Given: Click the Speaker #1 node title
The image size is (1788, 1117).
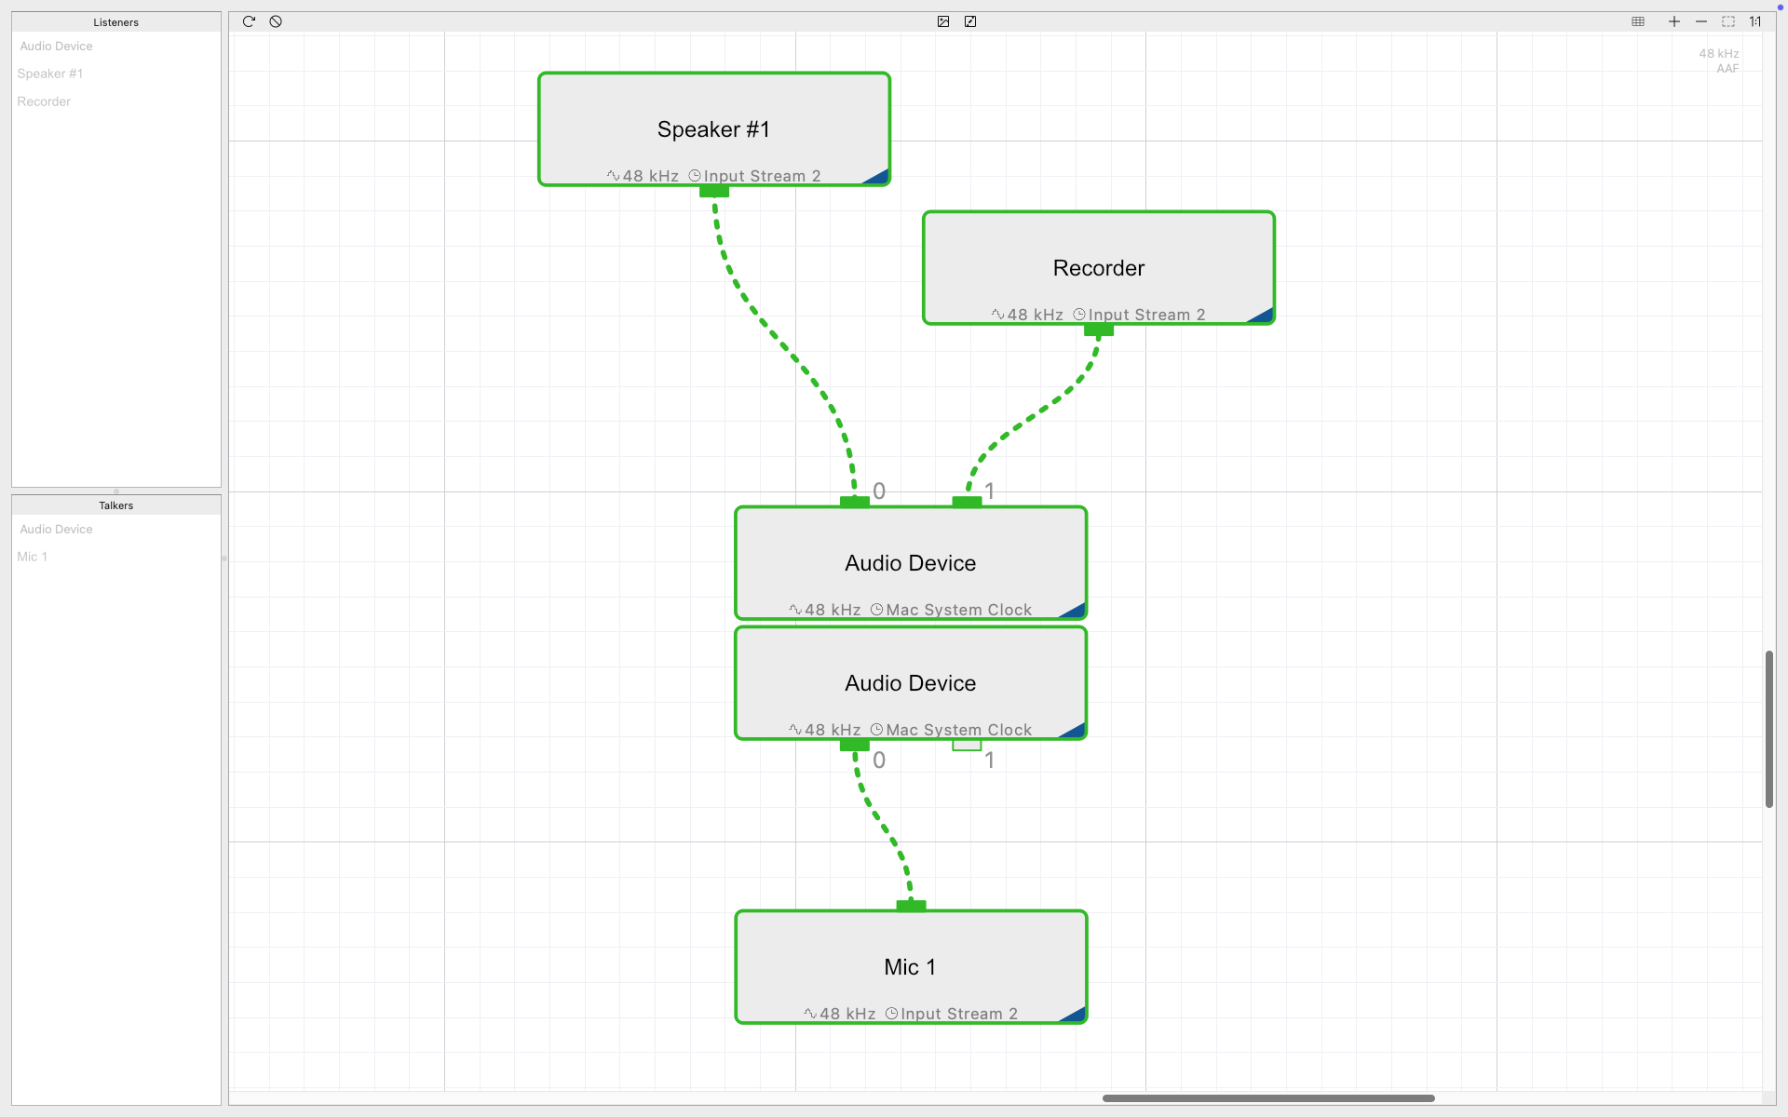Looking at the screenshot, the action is (713, 129).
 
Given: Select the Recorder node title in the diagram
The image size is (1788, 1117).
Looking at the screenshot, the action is (1099, 268).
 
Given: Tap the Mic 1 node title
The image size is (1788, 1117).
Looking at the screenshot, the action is (910, 967).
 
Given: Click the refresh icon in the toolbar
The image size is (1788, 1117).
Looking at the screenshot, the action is (249, 21).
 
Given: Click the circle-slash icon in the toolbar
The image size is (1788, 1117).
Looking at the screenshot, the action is (276, 21).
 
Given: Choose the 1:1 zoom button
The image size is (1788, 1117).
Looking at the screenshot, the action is (1754, 21).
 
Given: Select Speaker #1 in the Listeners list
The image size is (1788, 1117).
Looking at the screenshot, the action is (50, 74).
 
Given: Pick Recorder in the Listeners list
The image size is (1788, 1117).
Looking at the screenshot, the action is (44, 101).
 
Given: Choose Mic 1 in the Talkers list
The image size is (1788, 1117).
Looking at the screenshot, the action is (33, 557).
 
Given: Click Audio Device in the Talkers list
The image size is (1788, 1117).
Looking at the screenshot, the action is (56, 529).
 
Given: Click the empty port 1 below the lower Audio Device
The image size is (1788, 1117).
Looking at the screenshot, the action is (967, 745).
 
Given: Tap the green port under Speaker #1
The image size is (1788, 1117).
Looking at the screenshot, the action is (714, 191).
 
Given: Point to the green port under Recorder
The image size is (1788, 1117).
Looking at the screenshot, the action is (1099, 330).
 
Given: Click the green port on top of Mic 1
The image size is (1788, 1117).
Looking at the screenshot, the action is (911, 906).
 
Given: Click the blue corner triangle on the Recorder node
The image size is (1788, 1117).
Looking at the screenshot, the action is (1264, 316).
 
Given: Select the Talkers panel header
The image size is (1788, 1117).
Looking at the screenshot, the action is (116, 505).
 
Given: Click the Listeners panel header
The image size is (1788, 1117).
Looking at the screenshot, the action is (116, 22).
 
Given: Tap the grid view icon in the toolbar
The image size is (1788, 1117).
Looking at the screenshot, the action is (1638, 21).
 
